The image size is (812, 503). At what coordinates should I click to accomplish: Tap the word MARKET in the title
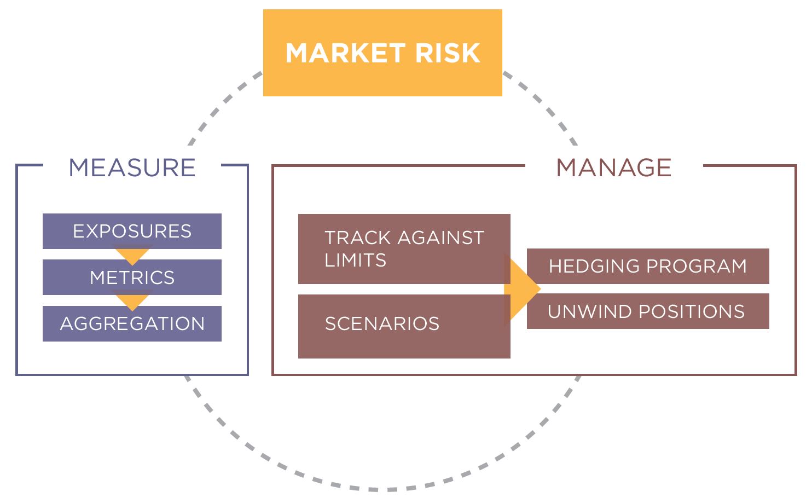(x=345, y=54)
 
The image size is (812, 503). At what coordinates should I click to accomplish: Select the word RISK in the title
(x=448, y=54)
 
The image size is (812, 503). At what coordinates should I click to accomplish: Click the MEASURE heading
(x=132, y=167)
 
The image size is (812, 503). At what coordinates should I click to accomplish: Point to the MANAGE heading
(x=614, y=167)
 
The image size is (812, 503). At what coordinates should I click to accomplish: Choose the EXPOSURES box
(x=132, y=231)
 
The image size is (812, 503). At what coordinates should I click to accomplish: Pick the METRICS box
(x=132, y=277)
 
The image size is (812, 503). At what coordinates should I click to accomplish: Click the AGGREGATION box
(x=132, y=323)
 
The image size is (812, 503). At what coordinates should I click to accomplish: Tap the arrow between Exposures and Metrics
(x=132, y=256)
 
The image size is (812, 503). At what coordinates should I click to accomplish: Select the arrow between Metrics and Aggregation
(x=132, y=302)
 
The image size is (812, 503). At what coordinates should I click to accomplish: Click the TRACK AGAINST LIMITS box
(x=404, y=248)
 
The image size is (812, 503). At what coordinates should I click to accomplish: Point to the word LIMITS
(x=356, y=260)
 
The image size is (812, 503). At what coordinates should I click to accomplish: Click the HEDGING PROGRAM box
(x=648, y=266)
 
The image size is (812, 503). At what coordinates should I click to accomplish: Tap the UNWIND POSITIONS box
(x=648, y=311)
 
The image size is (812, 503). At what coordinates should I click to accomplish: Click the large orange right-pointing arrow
(x=523, y=289)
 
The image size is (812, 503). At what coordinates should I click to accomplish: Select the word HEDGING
(x=595, y=266)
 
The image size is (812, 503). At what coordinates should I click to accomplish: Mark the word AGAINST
(x=441, y=238)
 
